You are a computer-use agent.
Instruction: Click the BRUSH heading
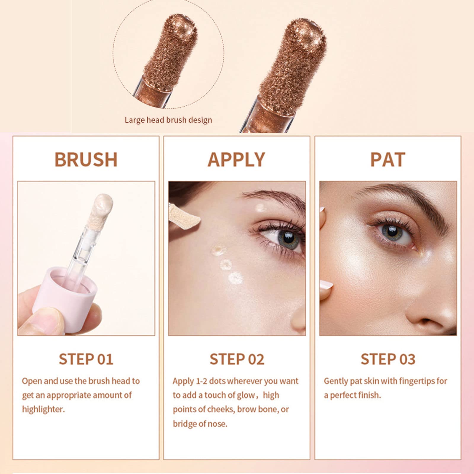click(86, 160)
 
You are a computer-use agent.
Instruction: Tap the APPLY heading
click(236, 160)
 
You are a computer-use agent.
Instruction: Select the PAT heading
click(387, 160)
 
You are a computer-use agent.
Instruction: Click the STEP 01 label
click(86, 359)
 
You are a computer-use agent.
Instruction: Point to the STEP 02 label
click(237, 359)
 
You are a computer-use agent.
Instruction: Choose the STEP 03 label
click(388, 359)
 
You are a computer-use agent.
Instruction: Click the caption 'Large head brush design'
click(168, 120)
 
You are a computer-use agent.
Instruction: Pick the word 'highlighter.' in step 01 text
click(43, 409)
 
